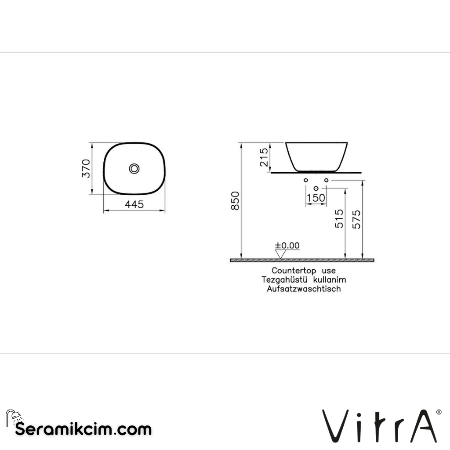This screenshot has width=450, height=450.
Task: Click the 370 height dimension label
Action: pos(86,168)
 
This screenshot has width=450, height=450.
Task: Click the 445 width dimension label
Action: pos(134,205)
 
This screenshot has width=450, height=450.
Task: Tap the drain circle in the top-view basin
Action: pos(134,168)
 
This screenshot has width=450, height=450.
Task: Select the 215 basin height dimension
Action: pos(264,157)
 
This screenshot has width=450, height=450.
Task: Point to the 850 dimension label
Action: pos(236,200)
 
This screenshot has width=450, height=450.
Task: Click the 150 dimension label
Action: pos(316,198)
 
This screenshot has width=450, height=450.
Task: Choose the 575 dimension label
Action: pos(356,218)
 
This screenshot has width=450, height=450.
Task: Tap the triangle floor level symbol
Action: pos(279,254)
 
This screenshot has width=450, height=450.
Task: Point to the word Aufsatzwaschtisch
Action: pos(304,289)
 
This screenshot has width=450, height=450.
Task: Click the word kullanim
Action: pos(330,279)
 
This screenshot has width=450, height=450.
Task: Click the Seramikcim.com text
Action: pos(83,429)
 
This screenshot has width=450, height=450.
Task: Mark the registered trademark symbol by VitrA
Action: pos(439,412)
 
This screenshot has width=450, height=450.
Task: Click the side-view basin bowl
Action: pos(317,156)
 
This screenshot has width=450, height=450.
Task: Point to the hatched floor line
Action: pos(302,260)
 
